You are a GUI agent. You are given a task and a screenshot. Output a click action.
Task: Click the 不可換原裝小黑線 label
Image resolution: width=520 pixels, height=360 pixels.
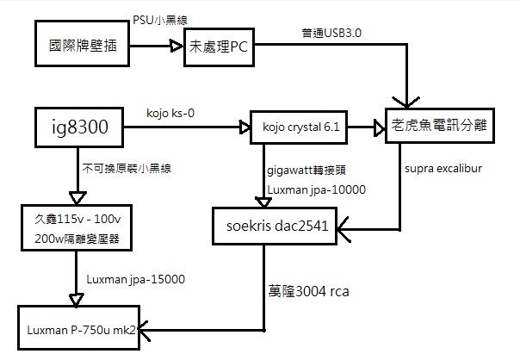120,168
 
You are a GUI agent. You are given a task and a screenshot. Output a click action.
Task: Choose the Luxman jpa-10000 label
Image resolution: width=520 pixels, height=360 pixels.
316,189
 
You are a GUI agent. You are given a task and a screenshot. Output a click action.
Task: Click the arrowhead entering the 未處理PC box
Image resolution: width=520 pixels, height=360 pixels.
176,48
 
